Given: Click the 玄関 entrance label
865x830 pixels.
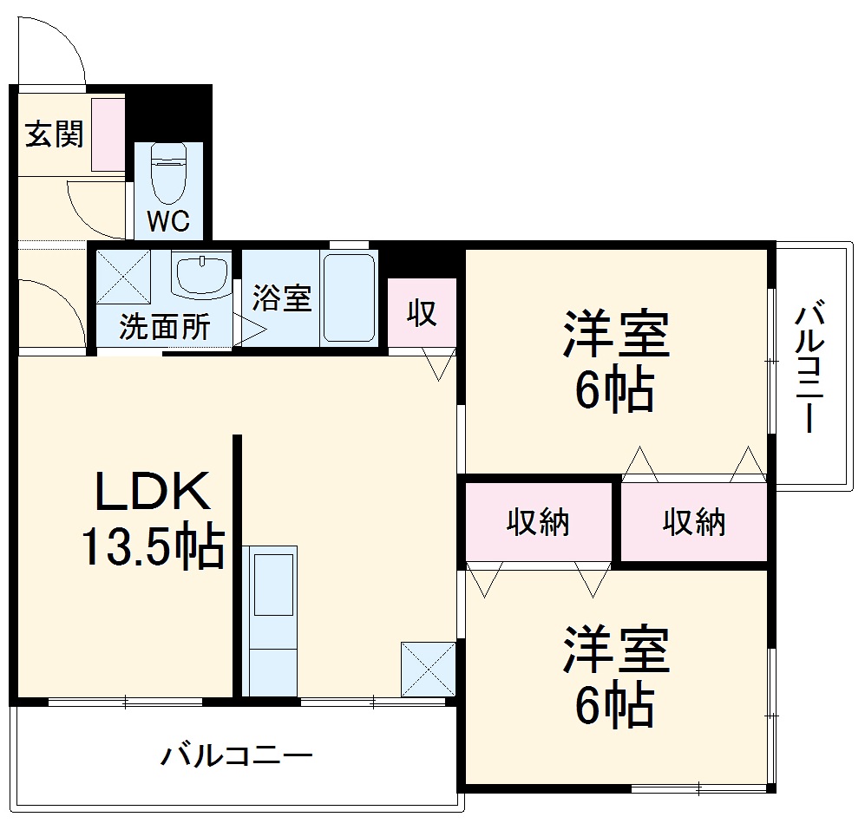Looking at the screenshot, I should [54, 134].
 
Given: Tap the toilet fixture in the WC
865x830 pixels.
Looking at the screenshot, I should [168, 173].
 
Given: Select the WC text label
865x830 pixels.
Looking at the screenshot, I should [167, 222].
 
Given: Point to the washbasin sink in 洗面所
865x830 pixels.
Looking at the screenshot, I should [202, 275].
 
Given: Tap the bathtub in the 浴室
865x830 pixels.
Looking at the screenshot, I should [348, 298].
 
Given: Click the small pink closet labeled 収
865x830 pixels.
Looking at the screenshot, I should [423, 313].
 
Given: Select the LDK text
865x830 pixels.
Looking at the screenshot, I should [152, 492].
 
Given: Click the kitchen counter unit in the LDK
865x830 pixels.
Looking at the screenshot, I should [270, 619].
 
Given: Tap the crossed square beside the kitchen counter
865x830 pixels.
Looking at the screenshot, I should [428, 669].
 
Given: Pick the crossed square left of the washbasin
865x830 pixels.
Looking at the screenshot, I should [122, 276].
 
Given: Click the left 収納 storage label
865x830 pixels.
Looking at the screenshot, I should [538, 522].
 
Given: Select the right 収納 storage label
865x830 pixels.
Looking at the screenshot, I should [694, 522].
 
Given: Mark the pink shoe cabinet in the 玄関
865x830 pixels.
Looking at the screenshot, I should [108, 134].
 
